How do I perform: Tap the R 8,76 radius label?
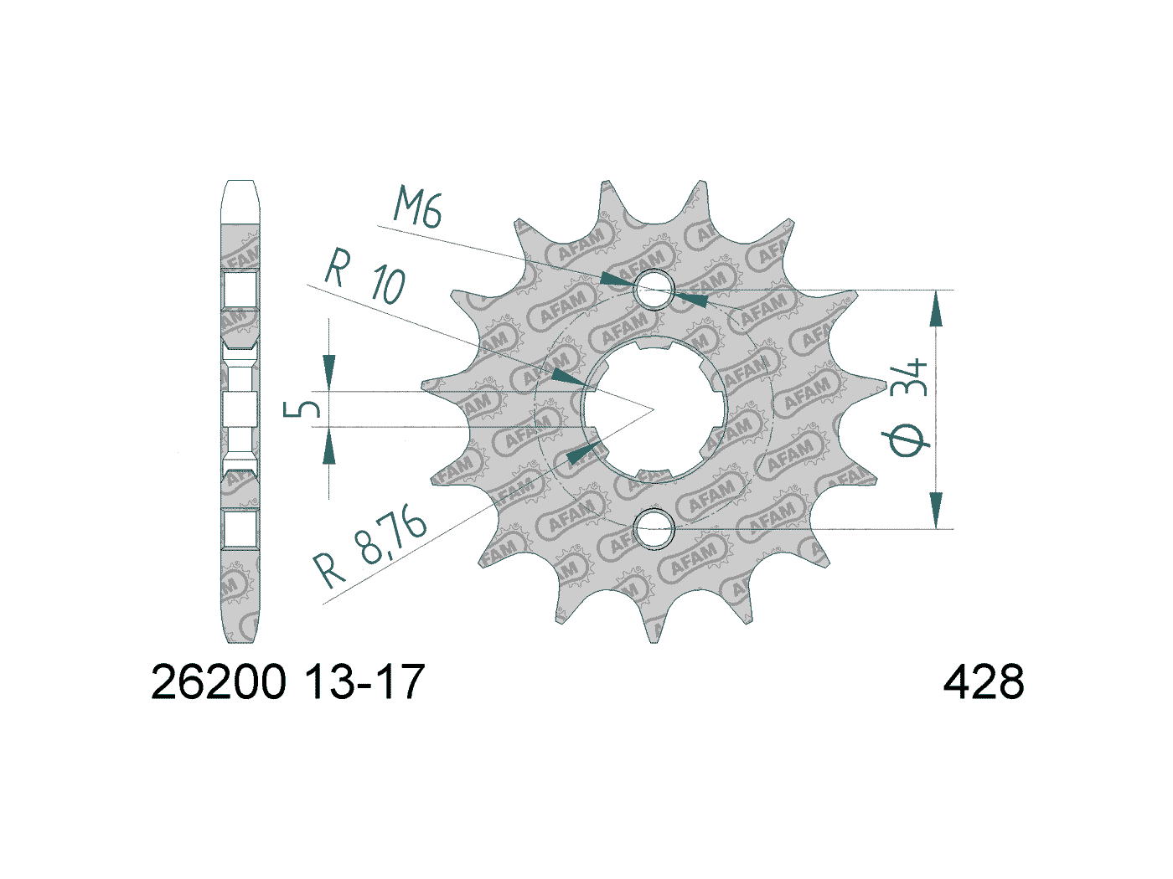click(370, 548)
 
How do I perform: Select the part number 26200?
click(218, 683)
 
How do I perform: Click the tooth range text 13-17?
click(365, 683)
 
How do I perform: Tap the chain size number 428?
click(983, 683)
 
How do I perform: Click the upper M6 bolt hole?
click(654, 290)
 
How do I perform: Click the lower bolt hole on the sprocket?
click(654, 529)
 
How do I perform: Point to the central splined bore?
click(654, 409)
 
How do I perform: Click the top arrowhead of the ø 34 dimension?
click(936, 309)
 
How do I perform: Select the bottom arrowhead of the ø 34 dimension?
click(936, 510)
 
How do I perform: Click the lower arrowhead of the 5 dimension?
click(329, 447)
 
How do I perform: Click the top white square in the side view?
click(240, 290)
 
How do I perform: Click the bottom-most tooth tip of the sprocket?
click(654, 640)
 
